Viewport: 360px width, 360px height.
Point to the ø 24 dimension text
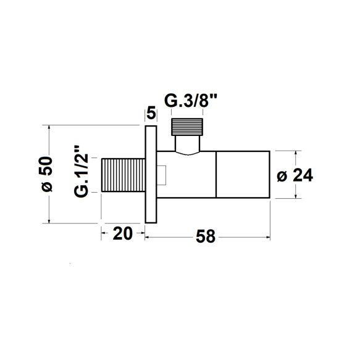click(296, 175)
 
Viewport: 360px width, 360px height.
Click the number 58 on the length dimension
click(206, 236)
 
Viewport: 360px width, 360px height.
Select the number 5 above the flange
click(151, 114)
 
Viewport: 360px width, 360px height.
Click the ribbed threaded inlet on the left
click(122, 175)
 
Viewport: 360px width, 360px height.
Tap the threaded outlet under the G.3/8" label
click(190, 128)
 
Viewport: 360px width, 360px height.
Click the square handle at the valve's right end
click(243, 175)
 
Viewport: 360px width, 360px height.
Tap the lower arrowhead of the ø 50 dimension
click(49, 220)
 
